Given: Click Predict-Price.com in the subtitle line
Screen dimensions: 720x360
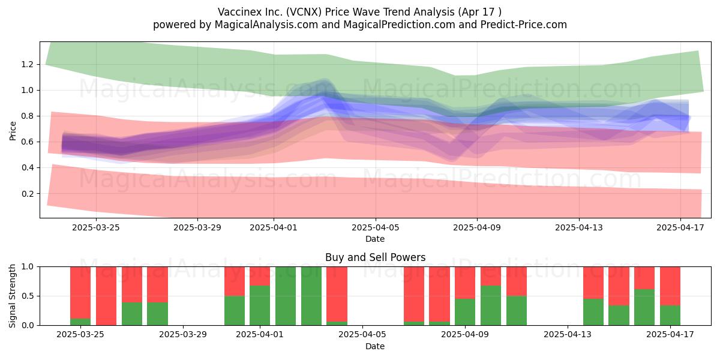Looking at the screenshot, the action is tap(524, 25).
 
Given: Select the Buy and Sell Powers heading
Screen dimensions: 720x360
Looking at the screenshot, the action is tap(375, 257).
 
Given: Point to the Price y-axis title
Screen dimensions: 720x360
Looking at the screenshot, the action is tap(13, 131).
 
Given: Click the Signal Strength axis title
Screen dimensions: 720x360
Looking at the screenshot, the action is tap(12, 296).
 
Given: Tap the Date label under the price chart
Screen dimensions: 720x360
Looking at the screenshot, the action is tap(375, 239).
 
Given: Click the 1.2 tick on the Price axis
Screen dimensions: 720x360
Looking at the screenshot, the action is tap(28, 64).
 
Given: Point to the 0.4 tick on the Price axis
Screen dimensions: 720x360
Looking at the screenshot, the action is tap(28, 167).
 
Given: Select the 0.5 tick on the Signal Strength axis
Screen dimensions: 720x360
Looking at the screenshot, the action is tap(28, 296).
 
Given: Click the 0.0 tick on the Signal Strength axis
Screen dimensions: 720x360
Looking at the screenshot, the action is tap(28, 325).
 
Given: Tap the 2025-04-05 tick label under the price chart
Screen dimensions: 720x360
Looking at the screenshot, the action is tap(375, 227).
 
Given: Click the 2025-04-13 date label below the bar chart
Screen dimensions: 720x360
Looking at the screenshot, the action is tap(568, 334).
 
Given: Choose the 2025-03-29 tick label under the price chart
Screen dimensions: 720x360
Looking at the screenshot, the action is tap(197, 227).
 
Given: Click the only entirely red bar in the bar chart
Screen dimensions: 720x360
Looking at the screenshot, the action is tap(106, 296).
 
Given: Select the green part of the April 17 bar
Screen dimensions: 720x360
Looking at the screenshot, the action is tap(670, 315).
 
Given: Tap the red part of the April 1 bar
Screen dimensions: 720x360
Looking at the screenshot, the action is tap(260, 276).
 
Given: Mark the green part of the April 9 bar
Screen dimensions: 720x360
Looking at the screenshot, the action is tap(465, 312).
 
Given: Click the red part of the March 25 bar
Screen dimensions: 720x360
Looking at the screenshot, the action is tap(80, 293).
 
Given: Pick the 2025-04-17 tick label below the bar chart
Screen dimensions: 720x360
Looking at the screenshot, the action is tap(670, 334).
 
